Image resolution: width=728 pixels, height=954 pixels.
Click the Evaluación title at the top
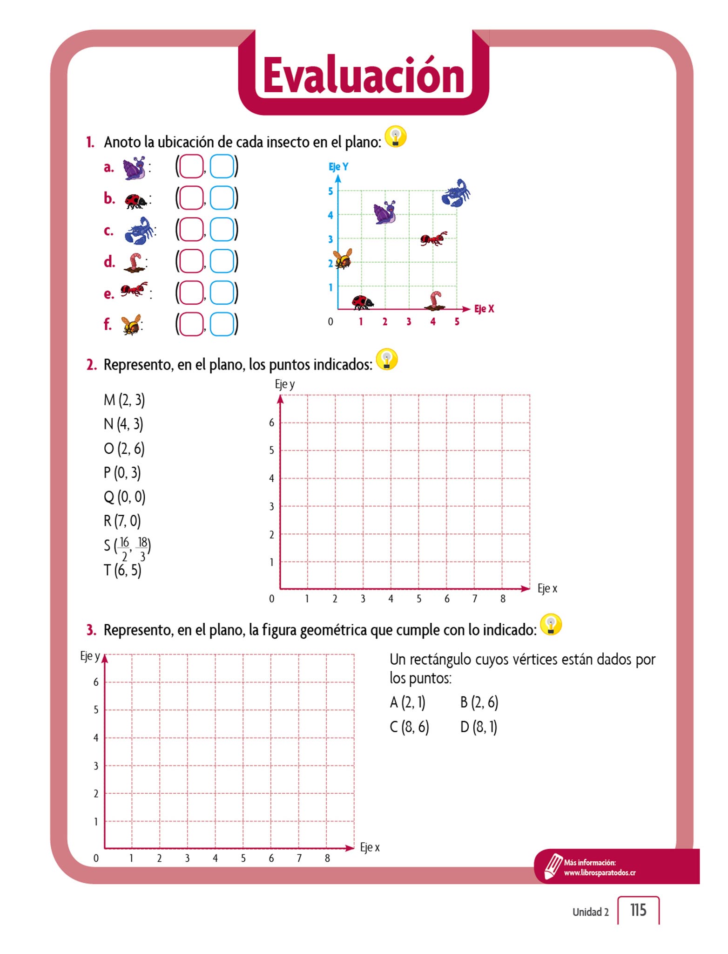(364, 75)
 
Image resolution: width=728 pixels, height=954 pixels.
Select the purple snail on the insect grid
(385, 212)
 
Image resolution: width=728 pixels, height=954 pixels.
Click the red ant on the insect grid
(433, 238)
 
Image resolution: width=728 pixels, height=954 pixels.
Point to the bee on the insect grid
(343, 259)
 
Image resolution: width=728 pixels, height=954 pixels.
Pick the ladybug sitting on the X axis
(362, 302)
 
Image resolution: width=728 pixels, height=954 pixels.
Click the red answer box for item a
(191, 166)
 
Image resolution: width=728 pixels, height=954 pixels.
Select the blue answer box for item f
(222, 324)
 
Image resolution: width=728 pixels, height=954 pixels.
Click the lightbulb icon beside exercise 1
(396, 137)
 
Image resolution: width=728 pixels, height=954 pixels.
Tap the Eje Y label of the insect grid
(338, 166)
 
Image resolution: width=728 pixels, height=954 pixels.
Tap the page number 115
(638, 910)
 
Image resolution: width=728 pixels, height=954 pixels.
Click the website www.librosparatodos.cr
(600, 873)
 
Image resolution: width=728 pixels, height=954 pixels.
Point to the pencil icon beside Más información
(553, 866)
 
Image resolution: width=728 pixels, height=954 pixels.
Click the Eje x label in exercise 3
(370, 847)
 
